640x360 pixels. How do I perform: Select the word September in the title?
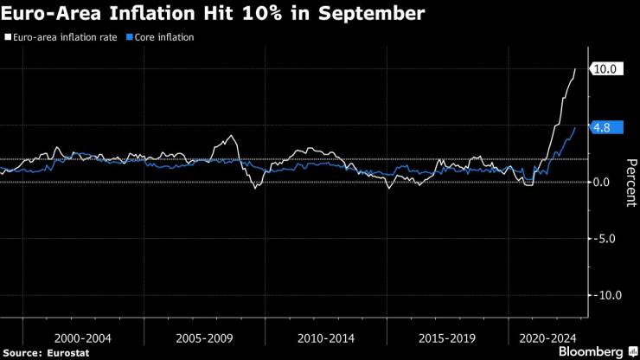coord(369,14)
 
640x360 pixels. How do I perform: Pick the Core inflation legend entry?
coord(164,38)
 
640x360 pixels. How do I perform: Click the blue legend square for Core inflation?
coord(129,38)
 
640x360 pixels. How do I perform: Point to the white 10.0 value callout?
coord(604,68)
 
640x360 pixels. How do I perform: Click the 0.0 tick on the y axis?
coord(604,182)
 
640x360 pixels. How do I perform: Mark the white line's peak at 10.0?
coord(575,68)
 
